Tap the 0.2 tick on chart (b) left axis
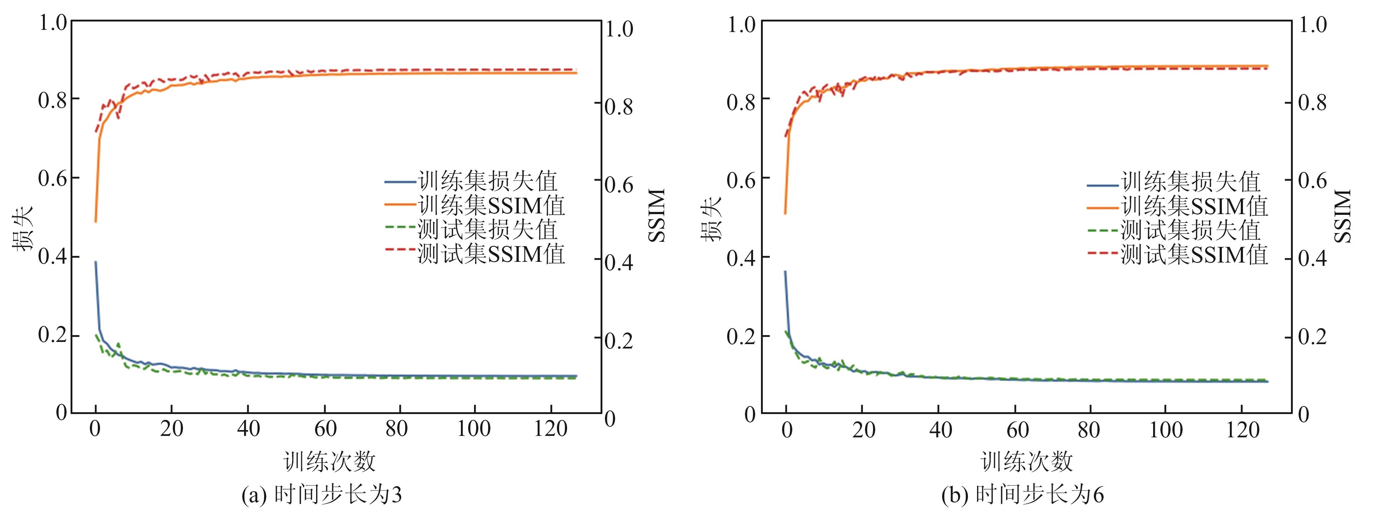[x=741, y=336]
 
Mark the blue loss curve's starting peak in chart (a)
[x=96, y=262]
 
